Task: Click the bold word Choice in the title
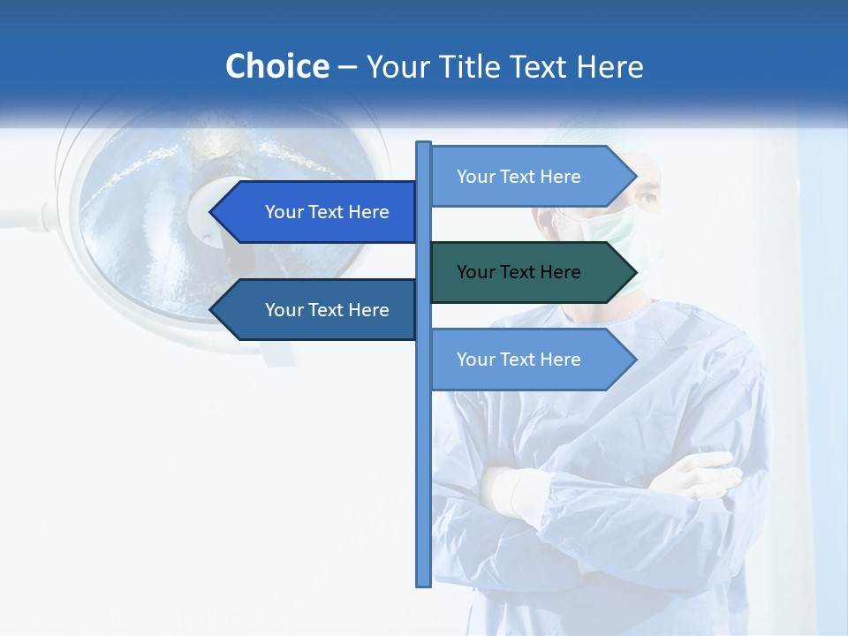tap(276, 67)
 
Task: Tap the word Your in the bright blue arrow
tap(284, 212)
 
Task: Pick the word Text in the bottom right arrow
tap(519, 360)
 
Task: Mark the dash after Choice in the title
tap(347, 67)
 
